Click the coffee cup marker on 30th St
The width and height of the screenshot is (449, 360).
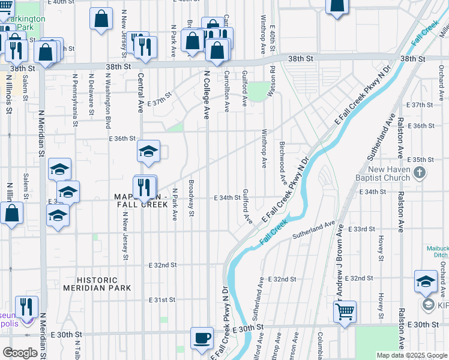point(202,338)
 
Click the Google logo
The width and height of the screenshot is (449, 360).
point(20,353)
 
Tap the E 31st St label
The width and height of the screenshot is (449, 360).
point(162,299)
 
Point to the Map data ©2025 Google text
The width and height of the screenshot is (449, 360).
point(411,355)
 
